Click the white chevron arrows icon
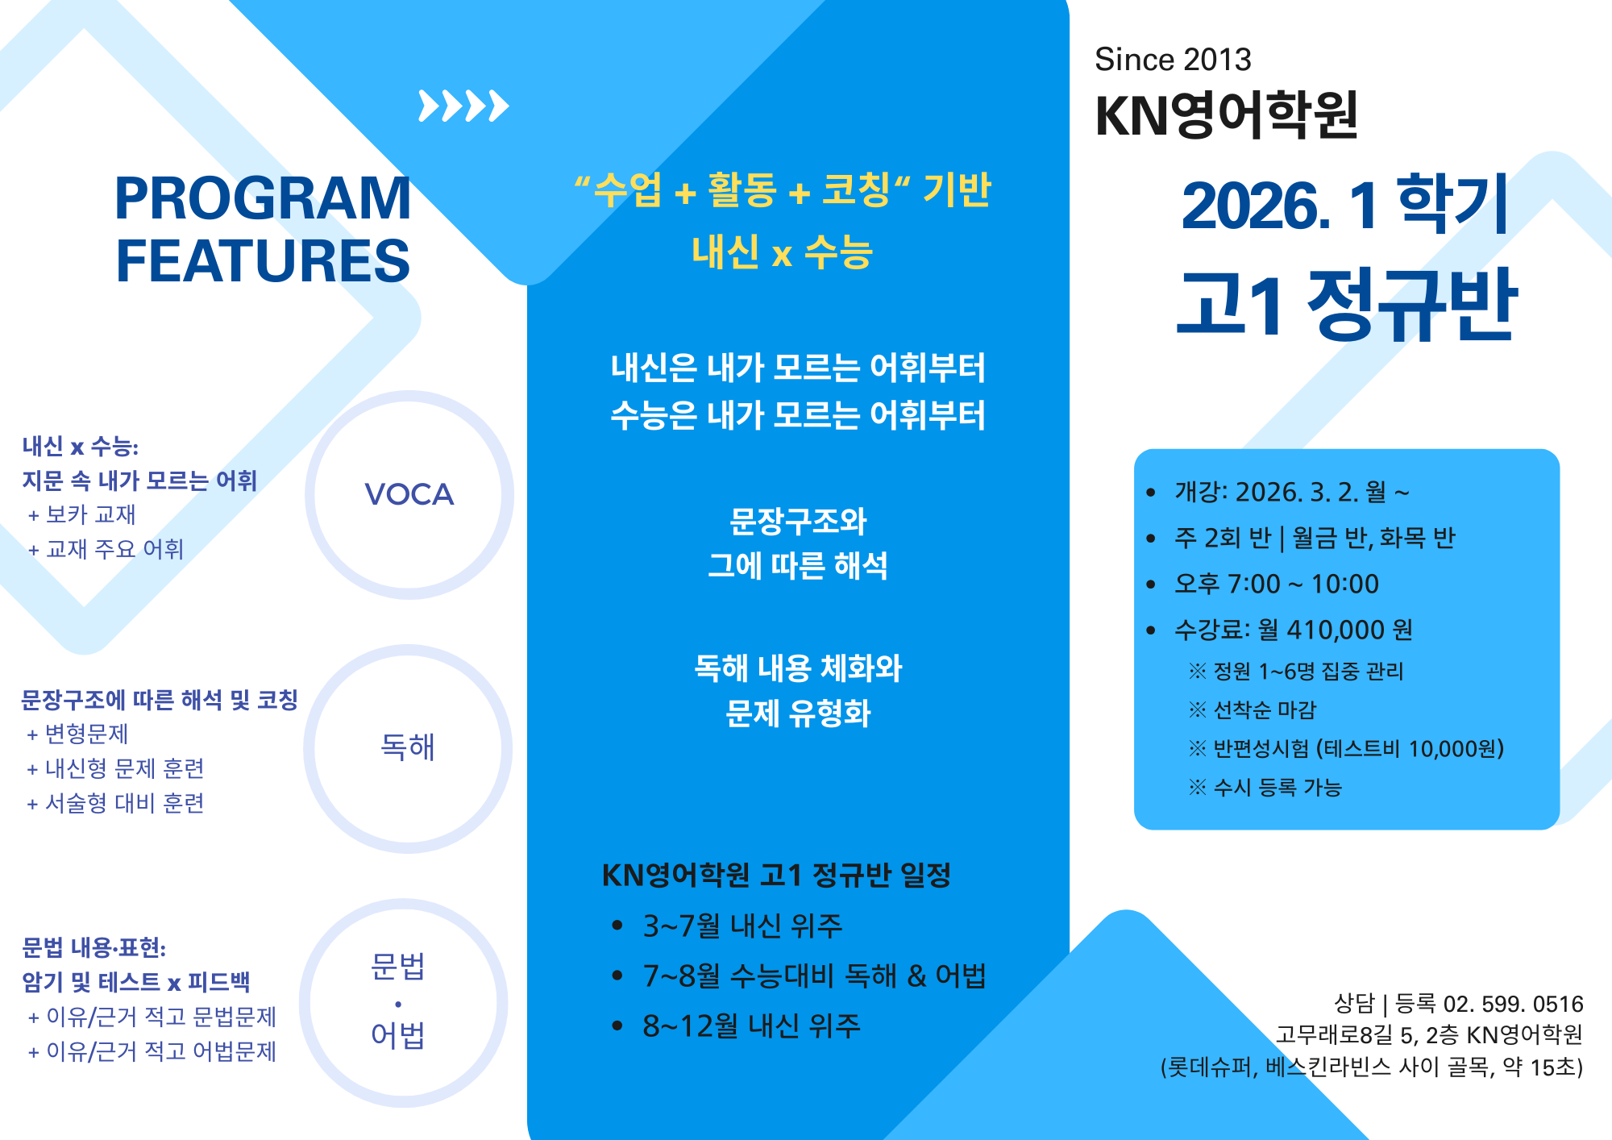pos(463,106)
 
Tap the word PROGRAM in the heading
pos(263,198)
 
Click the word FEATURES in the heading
pos(263,260)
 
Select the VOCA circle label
pos(409,494)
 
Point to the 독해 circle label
pos(408,747)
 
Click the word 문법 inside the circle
pos(397,966)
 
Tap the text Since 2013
pos(1173,60)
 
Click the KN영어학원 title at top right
pos(1227,115)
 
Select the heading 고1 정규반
pos(1347,304)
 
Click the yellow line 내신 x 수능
pos(782,252)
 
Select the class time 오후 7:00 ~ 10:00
pos(1277,584)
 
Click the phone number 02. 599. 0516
pos(1513,1004)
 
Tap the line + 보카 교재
pos(82,514)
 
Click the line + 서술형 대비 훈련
pos(116,803)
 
